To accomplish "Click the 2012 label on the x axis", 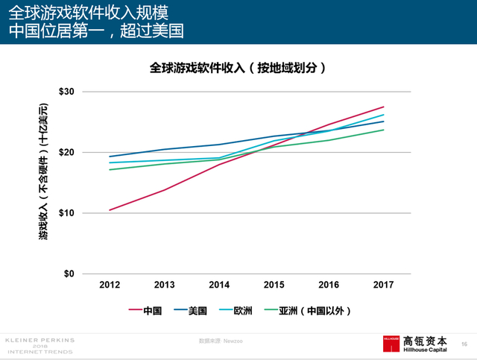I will pyautogui.click(x=110, y=285).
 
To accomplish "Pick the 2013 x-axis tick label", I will pyautogui.click(x=164, y=285).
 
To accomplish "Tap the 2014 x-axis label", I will pyautogui.click(x=219, y=285).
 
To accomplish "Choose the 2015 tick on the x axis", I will pyautogui.click(x=274, y=285).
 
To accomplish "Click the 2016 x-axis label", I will pyautogui.click(x=329, y=285).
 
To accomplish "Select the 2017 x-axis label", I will pyautogui.click(x=383, y=285).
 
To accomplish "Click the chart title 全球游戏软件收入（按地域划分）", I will pyautogui.click(x=238, y=68).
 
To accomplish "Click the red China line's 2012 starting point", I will pyautogui.click(x=110, y=210).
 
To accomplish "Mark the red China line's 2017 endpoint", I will pyautogui.click(x=383, y=107).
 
